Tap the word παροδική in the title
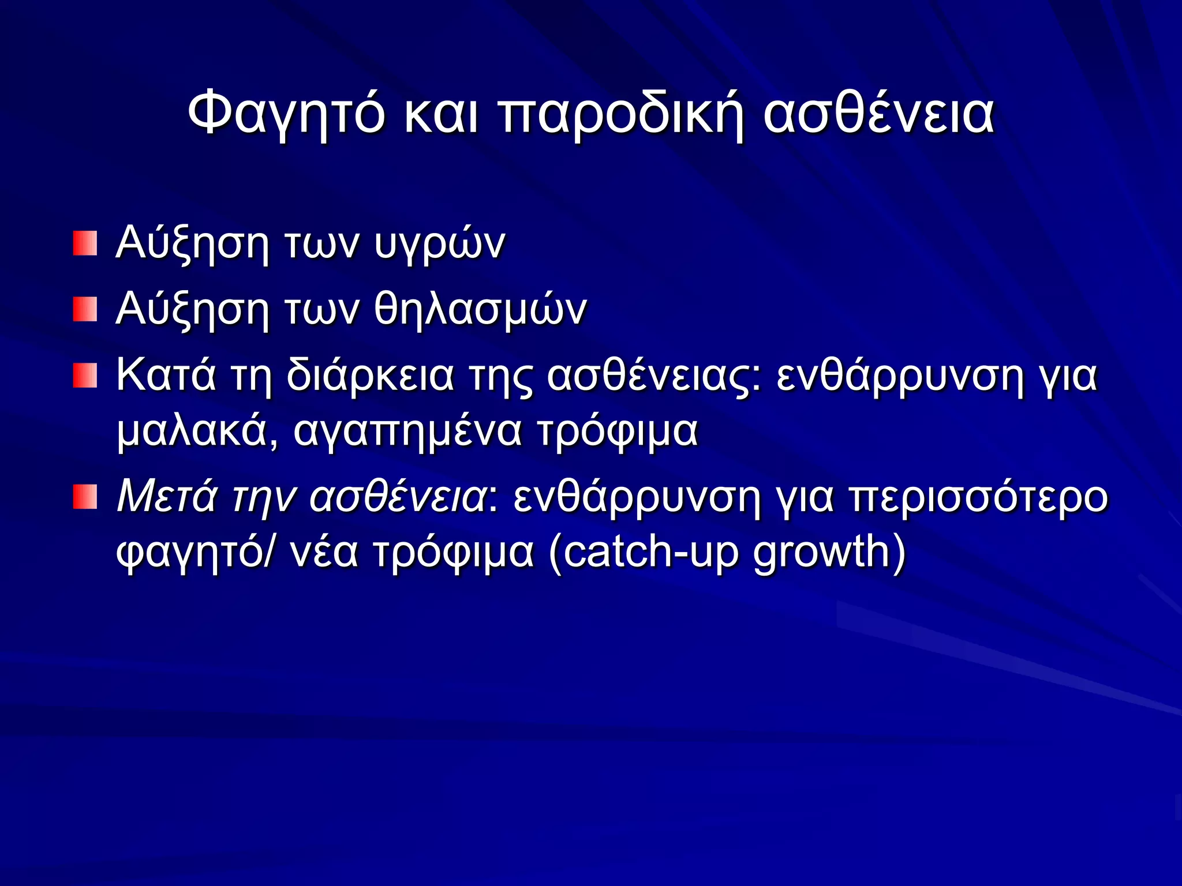[x=620, y=114]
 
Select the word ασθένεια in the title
[x=878, y=114]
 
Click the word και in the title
[x=440, y=114]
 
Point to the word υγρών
[x=439, y=245]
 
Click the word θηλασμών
[x=480, y=309]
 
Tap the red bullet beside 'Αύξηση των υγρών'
[x=85, y=243]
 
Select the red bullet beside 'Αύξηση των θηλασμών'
[x=85, y=310]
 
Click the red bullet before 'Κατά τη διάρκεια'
[x=85, y=376]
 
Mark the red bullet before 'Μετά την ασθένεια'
[x=85, y=497]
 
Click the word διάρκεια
[x=370, y=375]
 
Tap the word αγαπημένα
[x=407, y=431]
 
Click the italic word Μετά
[x=166, y=497]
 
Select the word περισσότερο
[x=979, y=497]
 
